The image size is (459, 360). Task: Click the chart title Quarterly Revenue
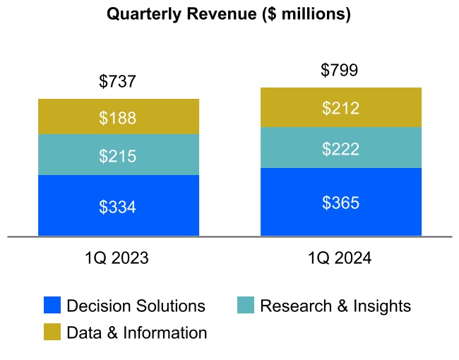[x=228, y=14]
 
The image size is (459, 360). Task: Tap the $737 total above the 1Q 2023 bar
[x=117, y=82]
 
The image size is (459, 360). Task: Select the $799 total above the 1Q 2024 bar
[x=340, y=70]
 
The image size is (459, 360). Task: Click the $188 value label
[x=117, y=118]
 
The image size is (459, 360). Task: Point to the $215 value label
[x=117, y=156]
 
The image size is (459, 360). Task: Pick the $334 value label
[x=117, y=207]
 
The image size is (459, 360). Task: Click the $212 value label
[x=340, y=108]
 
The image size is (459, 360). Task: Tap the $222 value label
[x=340, y=149]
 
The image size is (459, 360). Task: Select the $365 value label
[x=340, y=203]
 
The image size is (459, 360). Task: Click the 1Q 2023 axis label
[x=117, y=258]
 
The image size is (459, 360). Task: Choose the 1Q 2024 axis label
[x=340, y=258]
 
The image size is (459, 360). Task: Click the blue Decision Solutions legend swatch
[x=52, y=305]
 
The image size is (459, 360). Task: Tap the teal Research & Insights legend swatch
[x=245, y=305]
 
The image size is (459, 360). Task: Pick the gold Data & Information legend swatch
[x=52, y=332]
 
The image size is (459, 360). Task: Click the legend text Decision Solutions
[x=136, y=306]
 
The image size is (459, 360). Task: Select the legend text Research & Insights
[x=335, y=306]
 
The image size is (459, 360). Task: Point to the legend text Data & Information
[x=137, y=332]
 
